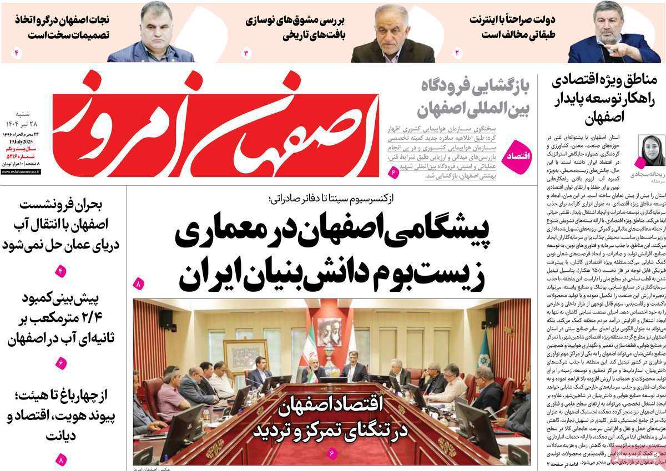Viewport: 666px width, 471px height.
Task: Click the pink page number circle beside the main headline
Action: tap(138, 285)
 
